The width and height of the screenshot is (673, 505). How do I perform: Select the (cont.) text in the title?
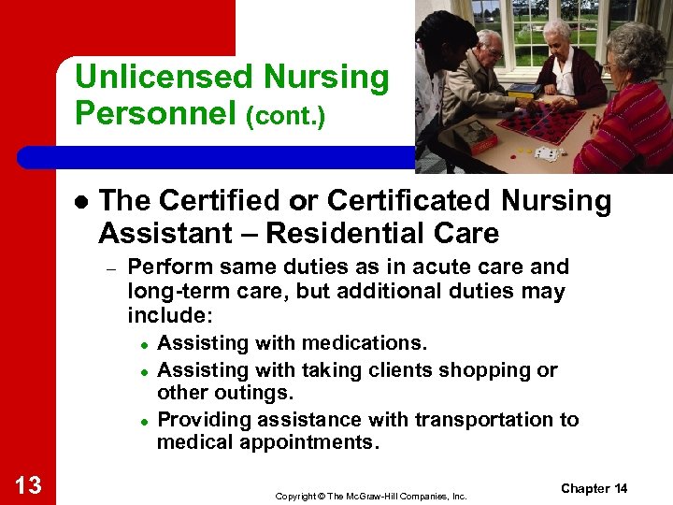pos(285,117)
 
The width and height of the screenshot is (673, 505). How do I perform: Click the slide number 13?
pos(28,484)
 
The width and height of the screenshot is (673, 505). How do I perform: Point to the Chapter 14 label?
pos(594,488)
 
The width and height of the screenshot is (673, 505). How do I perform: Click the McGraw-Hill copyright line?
pos(371,496)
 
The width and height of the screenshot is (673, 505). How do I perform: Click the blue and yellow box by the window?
pos(523,93)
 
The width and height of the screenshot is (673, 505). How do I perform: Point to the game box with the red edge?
pos(475,136)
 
